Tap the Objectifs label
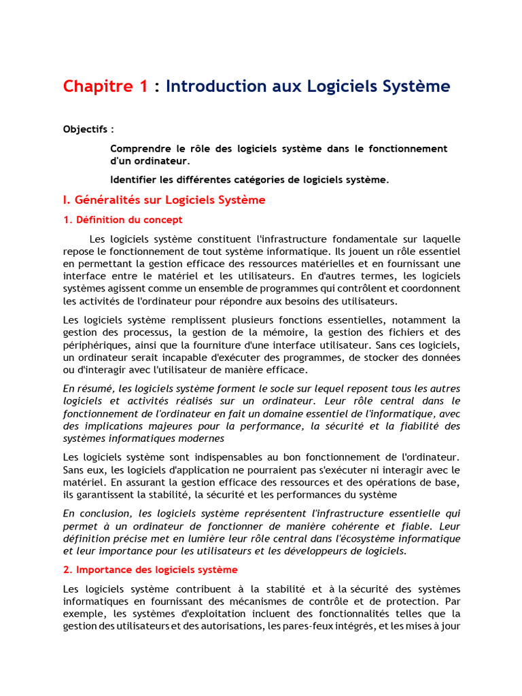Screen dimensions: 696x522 coord(88,129)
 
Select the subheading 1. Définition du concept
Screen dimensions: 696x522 coord(122,220)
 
